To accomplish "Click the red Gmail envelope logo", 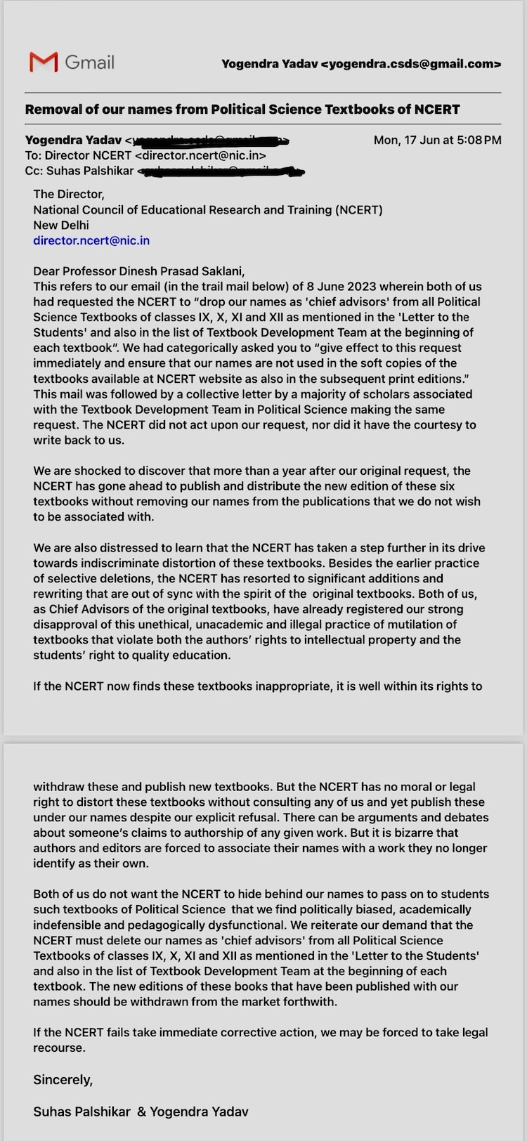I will (44, 62).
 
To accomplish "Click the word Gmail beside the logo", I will (89, 62).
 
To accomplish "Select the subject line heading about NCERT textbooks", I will (242, 109).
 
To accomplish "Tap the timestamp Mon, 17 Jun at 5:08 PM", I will (437, 140).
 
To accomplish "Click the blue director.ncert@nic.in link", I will (91, 240).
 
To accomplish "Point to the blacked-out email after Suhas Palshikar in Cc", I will (221, 171).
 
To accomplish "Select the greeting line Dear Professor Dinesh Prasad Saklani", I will (138, 271).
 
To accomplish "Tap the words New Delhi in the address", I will (61, 225).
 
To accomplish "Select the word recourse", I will (59, 1048).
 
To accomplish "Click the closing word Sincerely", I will (63, 1080).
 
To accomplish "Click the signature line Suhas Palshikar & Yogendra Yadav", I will (141, 1111).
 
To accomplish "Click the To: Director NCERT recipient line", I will (145, 155).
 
